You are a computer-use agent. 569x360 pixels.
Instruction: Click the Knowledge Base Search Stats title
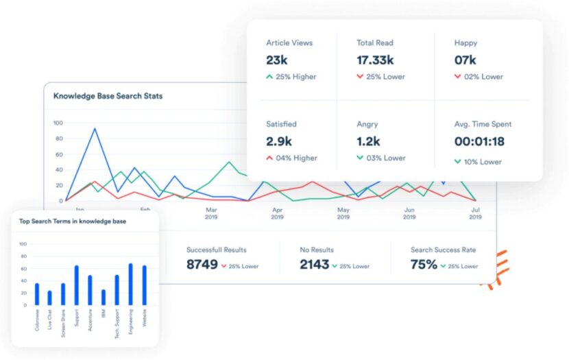[x=108, y=96]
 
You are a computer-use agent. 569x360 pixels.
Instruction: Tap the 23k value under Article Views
[x=278, y=60]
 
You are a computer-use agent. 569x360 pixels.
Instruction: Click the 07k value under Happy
[x=465, y=60]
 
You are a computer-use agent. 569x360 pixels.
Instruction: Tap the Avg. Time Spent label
[x=483, y=124]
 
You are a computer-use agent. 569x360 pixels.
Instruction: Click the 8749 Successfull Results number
[x=202, y=265]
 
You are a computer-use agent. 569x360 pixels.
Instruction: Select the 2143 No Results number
[x=315, y=265]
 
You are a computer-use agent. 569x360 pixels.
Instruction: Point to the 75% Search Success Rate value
[x=424, y=265]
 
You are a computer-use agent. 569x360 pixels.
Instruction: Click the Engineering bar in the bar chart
[x=130, y=285]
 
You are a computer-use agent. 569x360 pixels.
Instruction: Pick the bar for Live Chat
[x=49, y=298]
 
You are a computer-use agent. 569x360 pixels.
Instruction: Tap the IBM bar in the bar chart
[x=104, y=297]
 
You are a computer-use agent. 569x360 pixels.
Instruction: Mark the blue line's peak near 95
[x=95, y=128]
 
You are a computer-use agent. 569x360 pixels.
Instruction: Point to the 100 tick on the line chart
[x=58, y=123]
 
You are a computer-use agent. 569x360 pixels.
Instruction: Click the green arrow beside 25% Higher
[x=269, y=77]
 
